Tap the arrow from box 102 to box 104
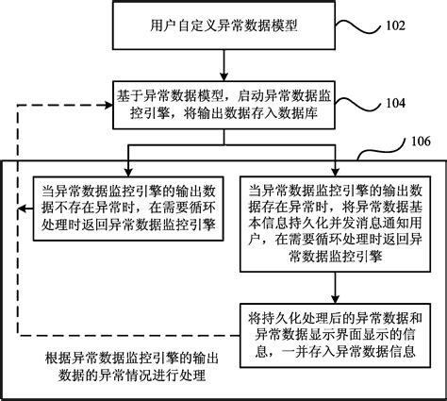pos(223,63)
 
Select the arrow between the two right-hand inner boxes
pos(323,286)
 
